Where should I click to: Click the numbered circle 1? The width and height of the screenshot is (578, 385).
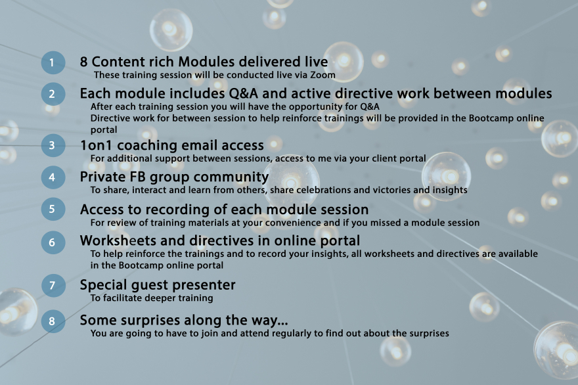pos(53,62)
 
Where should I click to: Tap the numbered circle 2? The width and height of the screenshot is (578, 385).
pos(53,94)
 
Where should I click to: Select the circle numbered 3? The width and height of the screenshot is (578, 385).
pos(53,145)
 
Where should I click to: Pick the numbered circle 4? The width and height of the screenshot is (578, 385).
pos(53,177)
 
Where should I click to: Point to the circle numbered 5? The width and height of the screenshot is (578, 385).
pos(53,209)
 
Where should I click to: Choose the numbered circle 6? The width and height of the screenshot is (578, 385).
pos(53,242)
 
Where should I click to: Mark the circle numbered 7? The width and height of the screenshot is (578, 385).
pos(53,285)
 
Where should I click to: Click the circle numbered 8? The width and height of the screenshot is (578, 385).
pos(53,321)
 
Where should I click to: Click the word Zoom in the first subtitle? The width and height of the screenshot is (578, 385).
pos(322,75)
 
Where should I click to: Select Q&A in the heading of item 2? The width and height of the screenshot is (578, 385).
pos(243,93)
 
